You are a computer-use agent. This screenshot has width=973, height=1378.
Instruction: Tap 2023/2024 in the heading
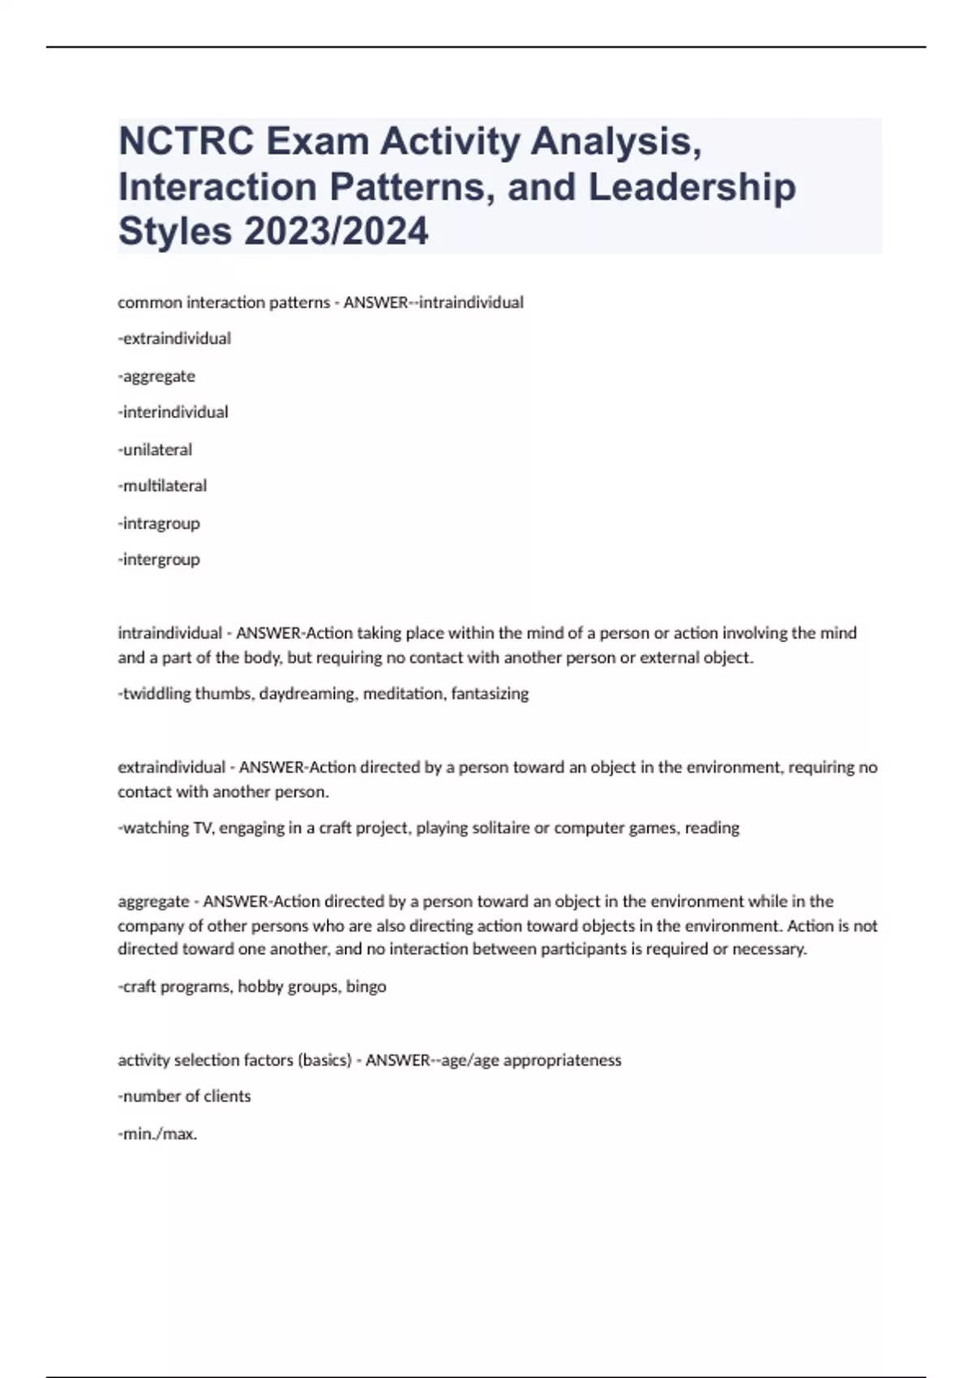click(x=336, y=231)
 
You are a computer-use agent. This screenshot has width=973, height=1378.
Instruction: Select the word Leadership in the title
click(x=692, y=186)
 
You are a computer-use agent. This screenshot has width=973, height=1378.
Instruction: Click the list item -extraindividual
click(x=174, y=339)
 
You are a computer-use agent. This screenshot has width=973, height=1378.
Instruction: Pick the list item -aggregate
click(x=156, y=376)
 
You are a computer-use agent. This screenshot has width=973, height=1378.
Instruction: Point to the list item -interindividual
click(x=173, y=413)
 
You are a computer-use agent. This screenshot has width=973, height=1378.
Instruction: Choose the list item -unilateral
click(x=155, y=450)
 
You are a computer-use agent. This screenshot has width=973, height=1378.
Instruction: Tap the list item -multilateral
click(x=162, y=486)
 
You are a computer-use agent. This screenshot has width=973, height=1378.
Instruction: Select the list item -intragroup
click(x=159, y=524)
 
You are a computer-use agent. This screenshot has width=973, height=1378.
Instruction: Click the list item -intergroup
click(x=159, y=560)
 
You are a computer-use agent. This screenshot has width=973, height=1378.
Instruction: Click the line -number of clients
click(x=184, y=1097)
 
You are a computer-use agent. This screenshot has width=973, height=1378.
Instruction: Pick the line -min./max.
click(x=157, y=1134)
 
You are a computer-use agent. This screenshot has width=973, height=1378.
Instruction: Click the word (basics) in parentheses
click(x=324, y=1060)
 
